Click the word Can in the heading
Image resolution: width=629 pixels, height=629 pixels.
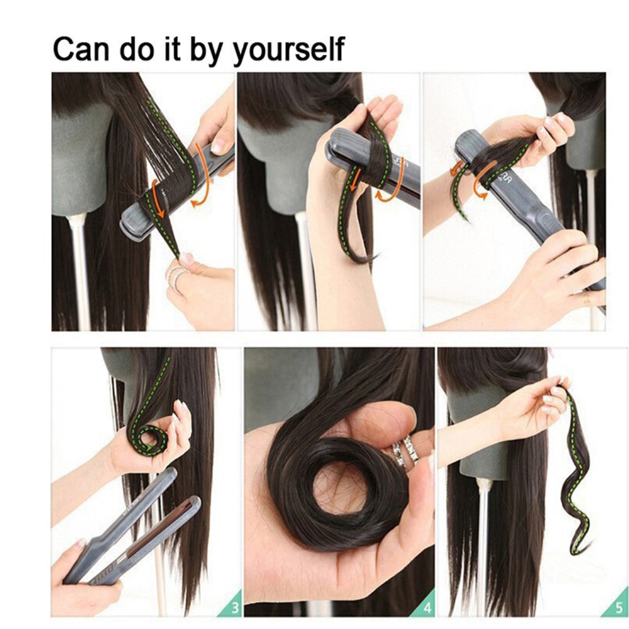[x=81, y=48]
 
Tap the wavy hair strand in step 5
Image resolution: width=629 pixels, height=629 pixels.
[x=579, y=478]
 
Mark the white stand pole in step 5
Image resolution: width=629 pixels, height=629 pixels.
[x=483, y=541]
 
